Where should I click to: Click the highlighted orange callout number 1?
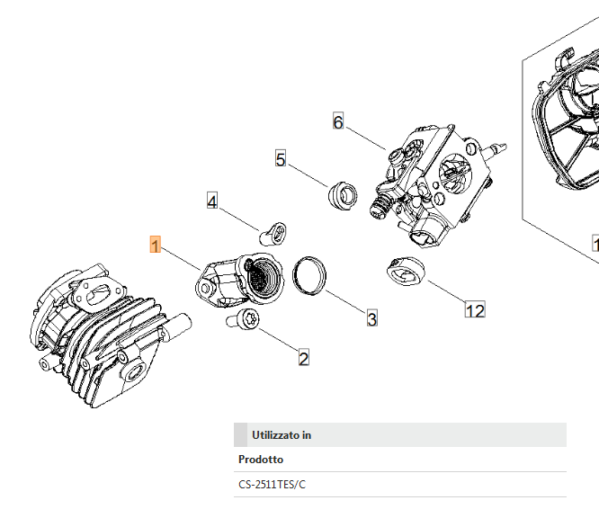156,245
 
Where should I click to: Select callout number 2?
303,358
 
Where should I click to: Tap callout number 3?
371,317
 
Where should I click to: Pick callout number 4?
212,201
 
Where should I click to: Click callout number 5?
281,159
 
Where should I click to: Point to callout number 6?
338,121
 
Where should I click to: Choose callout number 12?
475,310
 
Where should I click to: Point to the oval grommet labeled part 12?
404,272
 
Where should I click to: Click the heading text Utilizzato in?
282,435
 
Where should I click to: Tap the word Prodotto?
261,460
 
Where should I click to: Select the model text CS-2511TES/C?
272,485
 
